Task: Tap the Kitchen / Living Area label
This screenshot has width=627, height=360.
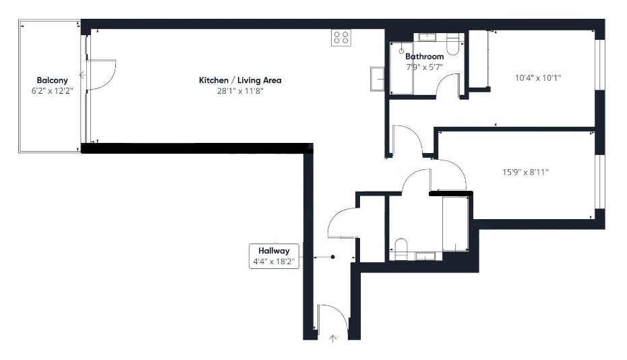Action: click(240, 80)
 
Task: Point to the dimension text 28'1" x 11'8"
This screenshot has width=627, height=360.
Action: click(240, 91)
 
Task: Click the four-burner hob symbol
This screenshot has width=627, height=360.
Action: click(341, 38)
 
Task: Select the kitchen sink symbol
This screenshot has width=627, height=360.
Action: click(378, 78)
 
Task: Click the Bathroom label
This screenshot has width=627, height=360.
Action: click(425, 57)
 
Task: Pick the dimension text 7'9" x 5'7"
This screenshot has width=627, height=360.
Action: click(424, 67)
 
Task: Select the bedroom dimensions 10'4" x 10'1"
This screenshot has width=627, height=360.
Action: click(537, 78)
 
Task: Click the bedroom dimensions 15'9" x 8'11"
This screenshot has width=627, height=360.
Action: click(525, 172)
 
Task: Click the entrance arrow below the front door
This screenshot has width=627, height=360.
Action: click(332, 338)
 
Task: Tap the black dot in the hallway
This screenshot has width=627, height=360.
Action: click(333, 257)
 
